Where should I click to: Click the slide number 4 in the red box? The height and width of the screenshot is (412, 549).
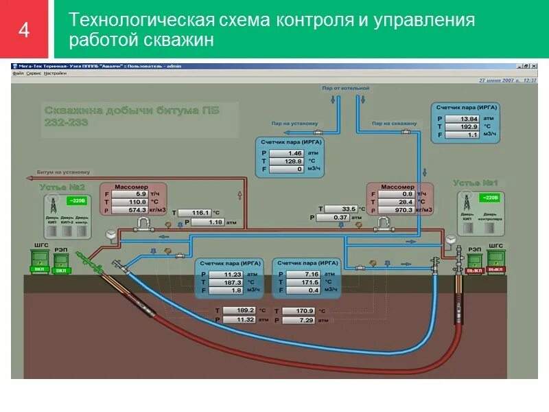pos(25,31)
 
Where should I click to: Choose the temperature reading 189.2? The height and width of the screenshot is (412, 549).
pos(237,310)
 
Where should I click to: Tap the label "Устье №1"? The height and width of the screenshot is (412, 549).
pos(475,183)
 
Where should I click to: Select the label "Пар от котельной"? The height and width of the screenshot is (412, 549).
pos(346,89)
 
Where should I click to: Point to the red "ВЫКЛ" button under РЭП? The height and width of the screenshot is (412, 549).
pos(475,270)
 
